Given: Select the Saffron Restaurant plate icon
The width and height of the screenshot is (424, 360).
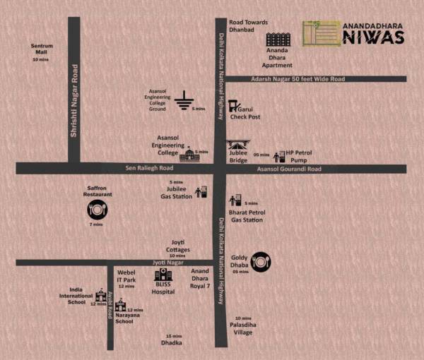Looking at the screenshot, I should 96,210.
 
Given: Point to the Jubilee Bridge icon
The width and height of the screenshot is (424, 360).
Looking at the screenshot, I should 237,147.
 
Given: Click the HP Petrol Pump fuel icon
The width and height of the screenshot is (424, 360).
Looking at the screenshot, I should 278,155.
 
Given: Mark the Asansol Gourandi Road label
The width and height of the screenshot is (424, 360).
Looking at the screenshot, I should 288,169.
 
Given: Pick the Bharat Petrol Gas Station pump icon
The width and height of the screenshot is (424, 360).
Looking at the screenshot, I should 235,201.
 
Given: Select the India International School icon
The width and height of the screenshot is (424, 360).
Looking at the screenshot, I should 100,296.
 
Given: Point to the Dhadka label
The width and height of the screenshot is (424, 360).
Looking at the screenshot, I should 172,342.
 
